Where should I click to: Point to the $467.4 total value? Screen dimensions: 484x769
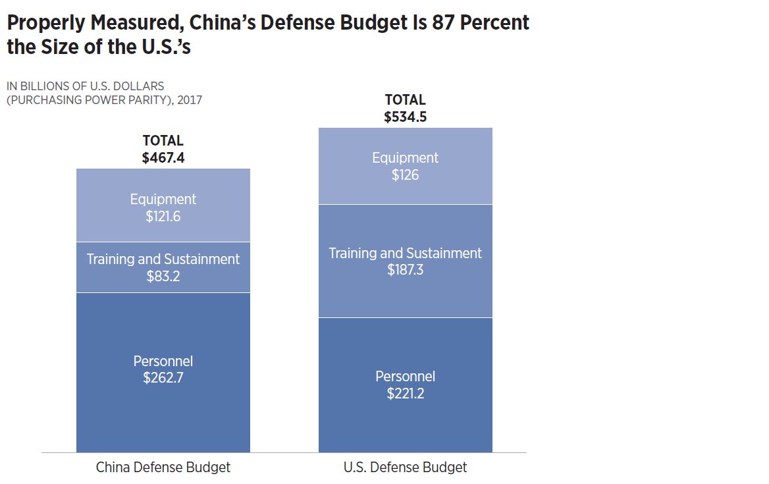point(163,158)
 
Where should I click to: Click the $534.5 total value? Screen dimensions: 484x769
point(405,117)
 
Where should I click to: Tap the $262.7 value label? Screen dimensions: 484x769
point(163,379)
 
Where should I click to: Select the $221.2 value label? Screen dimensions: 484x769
point(405,394)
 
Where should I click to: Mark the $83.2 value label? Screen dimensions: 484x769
point(163,277)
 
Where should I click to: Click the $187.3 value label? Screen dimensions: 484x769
point(405,270)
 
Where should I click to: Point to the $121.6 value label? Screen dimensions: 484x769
point(163,217)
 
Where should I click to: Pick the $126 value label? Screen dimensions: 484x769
point(405,175)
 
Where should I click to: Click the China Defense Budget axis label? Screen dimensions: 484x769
point(163,468)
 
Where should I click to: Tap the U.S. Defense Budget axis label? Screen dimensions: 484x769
point(405,468)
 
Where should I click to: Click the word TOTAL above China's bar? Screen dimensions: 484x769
point(163,141)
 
